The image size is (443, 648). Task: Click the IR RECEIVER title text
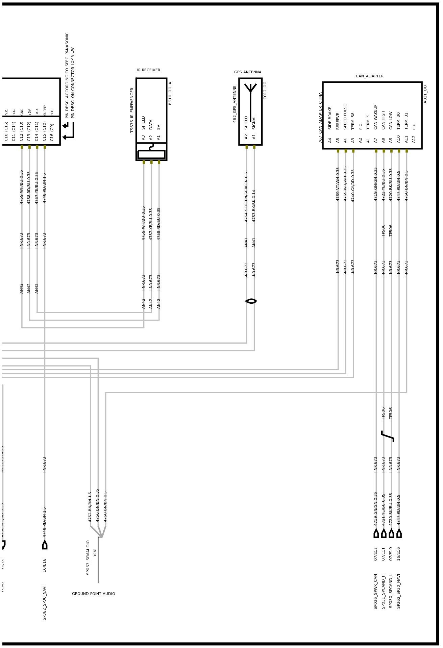pos(148,70)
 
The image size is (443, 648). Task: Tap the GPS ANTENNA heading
pos(248,72)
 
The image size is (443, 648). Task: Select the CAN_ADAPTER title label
pos(369,76)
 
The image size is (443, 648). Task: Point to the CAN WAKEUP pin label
pos(376,117)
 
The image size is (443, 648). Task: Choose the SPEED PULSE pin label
pos(345,117)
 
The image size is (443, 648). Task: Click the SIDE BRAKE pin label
pos(330,118)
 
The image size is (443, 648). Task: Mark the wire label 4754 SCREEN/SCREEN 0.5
pos(246,197)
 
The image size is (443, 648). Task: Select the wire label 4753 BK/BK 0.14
pos(254,205)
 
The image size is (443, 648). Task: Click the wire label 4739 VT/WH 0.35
pos(338,184)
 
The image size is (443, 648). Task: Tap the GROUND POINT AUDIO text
pos(93,594)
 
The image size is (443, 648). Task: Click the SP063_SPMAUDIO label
pos(88,557)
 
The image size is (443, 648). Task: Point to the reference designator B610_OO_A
pos(170,93)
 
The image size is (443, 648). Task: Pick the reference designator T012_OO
pos(265,90)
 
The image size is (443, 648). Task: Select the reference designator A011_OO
pos(425,94)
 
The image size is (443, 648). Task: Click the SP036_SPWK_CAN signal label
pos(375,591)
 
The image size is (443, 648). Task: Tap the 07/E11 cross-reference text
pos(383,554)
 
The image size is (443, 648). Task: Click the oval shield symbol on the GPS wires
pos(251,301)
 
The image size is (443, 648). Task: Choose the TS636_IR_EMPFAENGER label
pos(132,110)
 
